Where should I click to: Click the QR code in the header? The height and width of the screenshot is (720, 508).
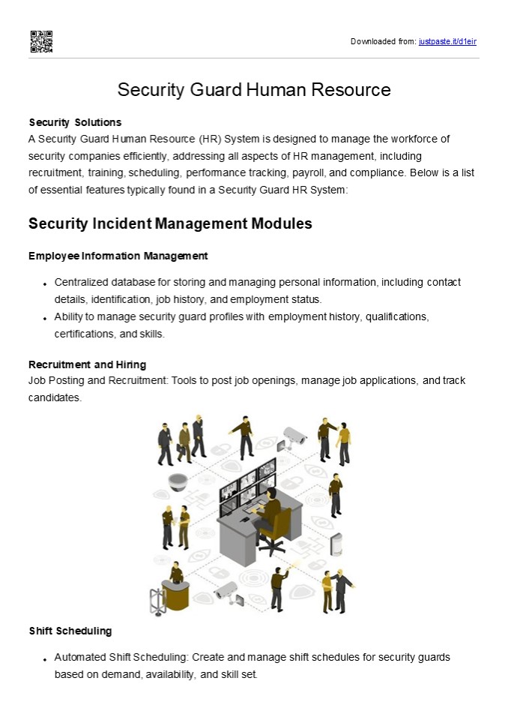(x=41, y=41)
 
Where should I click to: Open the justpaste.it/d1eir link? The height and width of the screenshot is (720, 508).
(x=447, y=41)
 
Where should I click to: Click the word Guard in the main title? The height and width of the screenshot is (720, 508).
(x=215, y=90)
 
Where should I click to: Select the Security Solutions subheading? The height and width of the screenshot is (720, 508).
(x=75, y=121)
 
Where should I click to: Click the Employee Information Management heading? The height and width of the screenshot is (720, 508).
(x=118, y=256)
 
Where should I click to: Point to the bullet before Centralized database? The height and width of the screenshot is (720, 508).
(x=46, y=284)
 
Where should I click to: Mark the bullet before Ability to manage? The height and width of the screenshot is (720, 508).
(x=46, y=319)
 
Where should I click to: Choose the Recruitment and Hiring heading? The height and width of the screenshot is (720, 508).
(x=88, y=364)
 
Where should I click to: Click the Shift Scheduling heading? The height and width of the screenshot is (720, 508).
(x=70, y=631)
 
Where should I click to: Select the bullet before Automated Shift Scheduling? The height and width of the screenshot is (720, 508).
(x=46, y=659)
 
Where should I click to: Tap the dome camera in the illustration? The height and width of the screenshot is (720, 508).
(x=178, y=481)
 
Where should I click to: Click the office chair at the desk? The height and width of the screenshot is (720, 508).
(x=274, y=526)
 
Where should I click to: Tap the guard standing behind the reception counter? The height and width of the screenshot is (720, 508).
(x=176, y=574)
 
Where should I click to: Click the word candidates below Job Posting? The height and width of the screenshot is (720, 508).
(x=55, y=397)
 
